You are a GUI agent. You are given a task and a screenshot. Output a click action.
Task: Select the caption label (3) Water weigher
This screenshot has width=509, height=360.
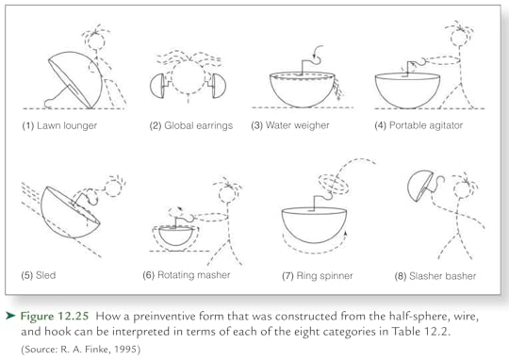coord(305,125)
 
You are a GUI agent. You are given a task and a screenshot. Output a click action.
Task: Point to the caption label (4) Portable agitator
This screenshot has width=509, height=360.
coord(423,125)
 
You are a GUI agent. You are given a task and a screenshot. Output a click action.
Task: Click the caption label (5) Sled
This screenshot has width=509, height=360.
coord(41,275)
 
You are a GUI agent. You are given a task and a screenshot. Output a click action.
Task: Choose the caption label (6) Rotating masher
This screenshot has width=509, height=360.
coord(186,275)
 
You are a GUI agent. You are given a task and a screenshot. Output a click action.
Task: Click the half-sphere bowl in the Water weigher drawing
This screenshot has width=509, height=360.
coord(304,90)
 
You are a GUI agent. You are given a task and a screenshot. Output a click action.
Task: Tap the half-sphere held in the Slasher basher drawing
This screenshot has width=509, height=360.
coord(417,186)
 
